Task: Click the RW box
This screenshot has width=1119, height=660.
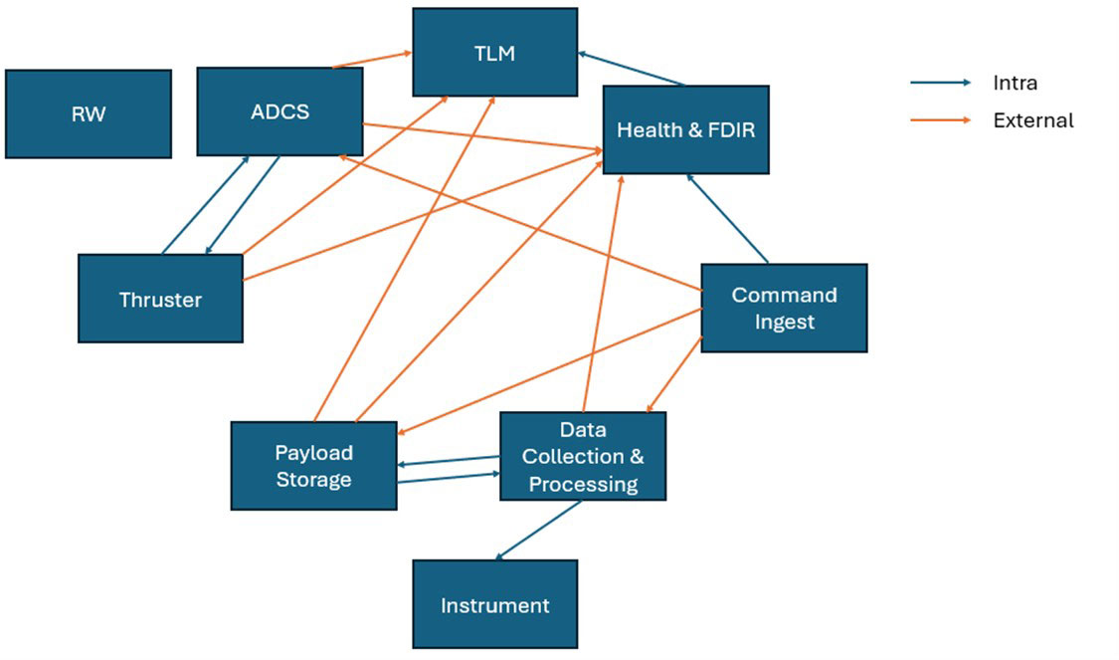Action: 88,113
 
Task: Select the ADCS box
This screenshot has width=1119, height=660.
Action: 280,111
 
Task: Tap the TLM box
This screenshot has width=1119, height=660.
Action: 494,53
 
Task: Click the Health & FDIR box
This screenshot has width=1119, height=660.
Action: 685,129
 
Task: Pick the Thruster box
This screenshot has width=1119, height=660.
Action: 160,299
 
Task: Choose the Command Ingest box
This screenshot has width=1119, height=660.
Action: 784,308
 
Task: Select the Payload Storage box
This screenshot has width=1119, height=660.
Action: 313,466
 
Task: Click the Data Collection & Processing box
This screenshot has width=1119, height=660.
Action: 582,457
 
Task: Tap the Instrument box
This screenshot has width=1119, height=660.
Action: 494,604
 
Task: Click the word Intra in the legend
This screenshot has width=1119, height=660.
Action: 1015,84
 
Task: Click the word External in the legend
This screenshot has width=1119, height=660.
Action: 1033,120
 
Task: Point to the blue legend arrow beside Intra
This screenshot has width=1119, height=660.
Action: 940,84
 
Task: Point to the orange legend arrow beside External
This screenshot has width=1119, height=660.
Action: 940,120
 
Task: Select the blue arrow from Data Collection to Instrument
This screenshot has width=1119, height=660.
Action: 538,531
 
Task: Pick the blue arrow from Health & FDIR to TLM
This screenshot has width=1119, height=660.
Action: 632,68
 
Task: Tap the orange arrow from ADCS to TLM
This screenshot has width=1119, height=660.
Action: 372,60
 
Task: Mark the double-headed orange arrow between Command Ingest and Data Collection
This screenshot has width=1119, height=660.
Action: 675,374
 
